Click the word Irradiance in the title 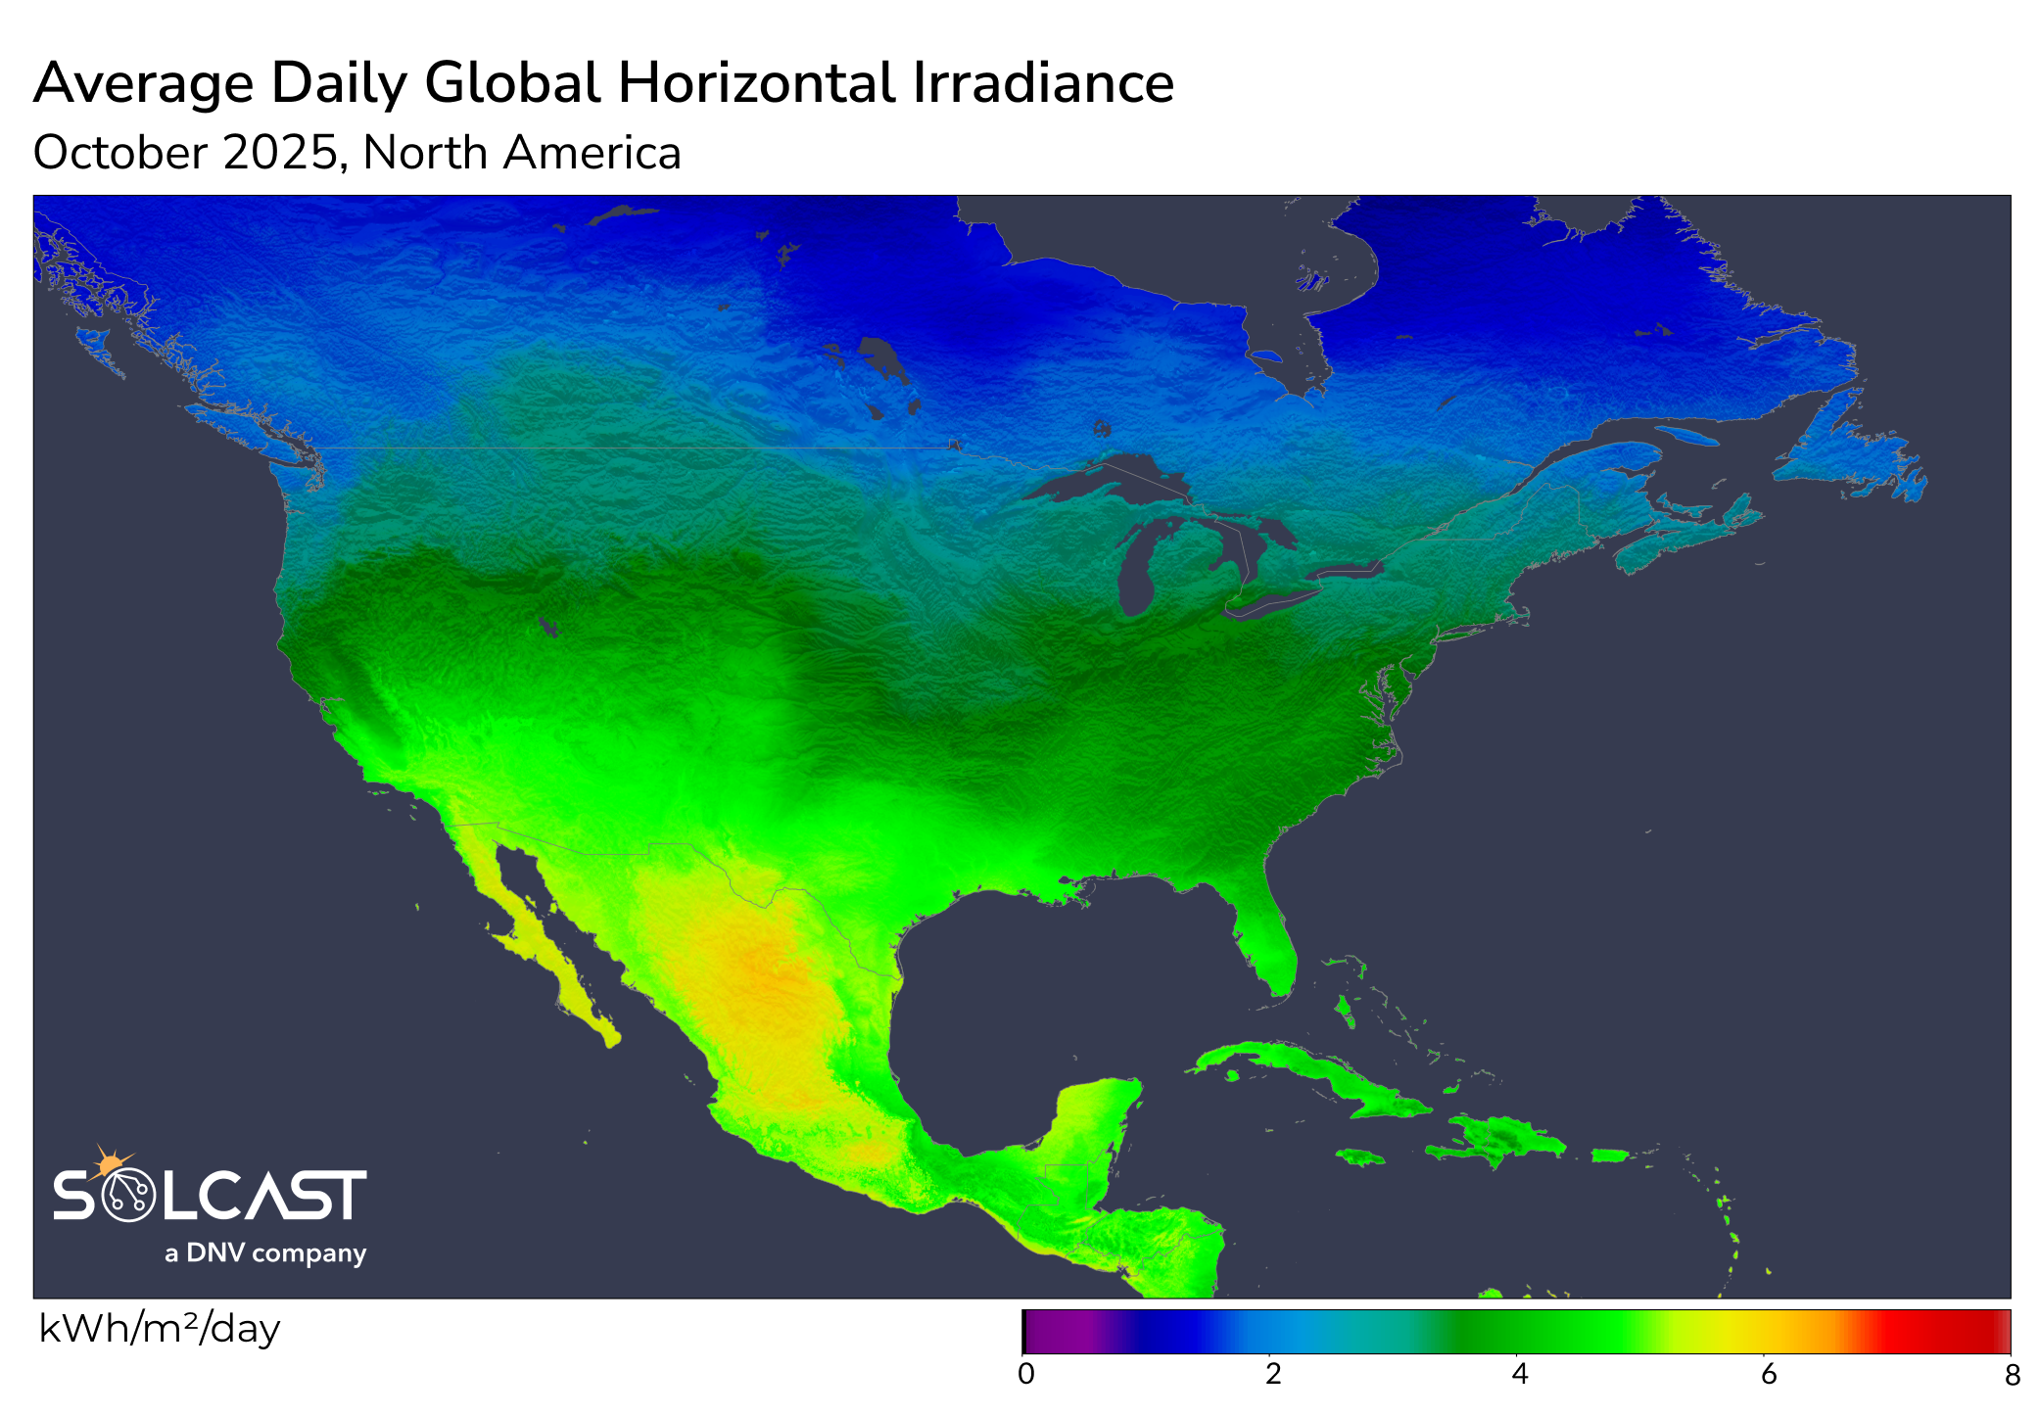click(x=1043, y=83)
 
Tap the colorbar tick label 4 click(x=1519, y=1375)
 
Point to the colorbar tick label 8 click(x=2012, y=1376)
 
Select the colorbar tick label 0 click(x=1025, y=1375)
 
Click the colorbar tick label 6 click(x=1768, y=1375)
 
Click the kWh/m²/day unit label click(x=160, y=1329)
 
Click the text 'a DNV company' click(x=265, y=1253)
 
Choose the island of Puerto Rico click(x=1609, y=1156)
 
